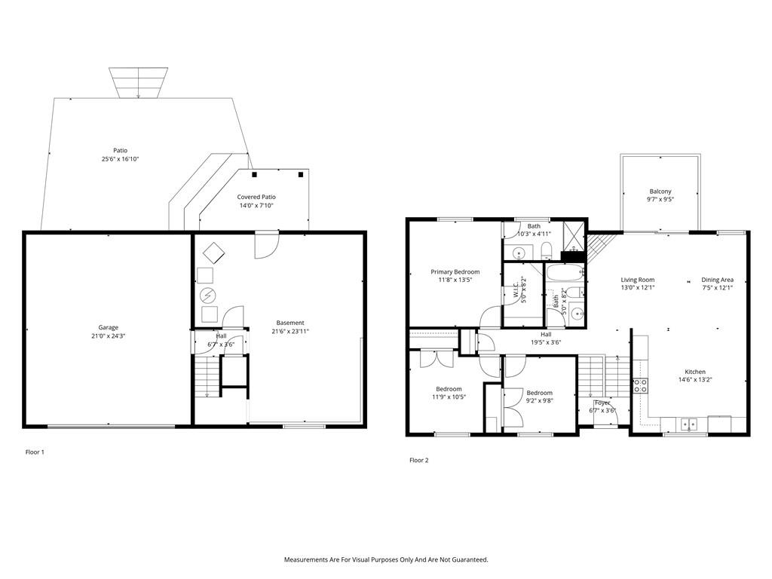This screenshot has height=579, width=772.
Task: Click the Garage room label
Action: pos(109,327)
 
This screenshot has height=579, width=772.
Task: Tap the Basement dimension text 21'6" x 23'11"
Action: pos(290,332)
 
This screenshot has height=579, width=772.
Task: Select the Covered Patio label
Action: pos(256,197)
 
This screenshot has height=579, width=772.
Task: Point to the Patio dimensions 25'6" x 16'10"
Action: pos(120,159)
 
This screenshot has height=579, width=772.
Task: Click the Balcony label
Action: pos(660,191)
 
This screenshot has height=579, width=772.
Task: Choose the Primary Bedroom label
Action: pos(455,271)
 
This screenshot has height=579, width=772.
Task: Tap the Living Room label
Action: pos(638,280)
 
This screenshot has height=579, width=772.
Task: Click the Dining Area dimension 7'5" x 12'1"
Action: pos(718,287)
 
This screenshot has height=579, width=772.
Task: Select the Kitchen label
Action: pos(695,372)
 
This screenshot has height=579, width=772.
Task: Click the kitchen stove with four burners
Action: pos(640,385)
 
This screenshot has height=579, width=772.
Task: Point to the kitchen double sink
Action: pos(689,424)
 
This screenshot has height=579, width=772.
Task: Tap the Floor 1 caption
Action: pos(35,452)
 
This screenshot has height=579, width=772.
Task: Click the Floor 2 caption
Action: pos(419,461)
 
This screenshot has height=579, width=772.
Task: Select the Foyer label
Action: pos(602,403)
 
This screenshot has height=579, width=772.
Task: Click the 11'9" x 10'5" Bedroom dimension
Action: pos(449,397)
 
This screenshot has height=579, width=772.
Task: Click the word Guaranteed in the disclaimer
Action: pos(472,560)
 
